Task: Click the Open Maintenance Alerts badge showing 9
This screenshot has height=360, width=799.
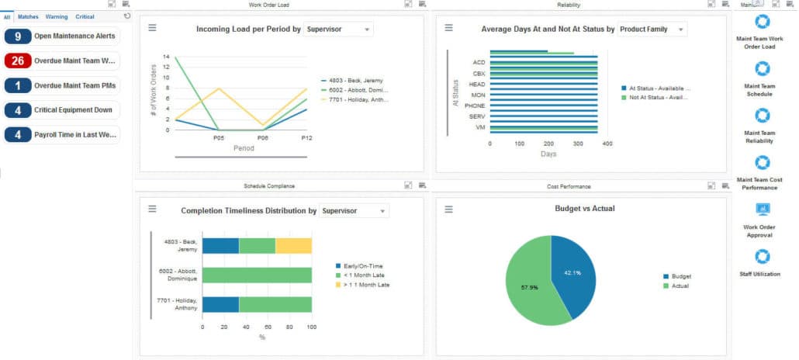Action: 18,36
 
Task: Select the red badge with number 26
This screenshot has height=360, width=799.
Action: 18,61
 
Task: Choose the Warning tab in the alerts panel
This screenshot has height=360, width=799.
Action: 56,16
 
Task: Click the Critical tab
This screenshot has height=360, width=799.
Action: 85,16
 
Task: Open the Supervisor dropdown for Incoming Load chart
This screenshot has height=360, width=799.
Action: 338,29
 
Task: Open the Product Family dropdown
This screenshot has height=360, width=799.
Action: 652,29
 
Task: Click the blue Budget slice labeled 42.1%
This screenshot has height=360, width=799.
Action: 571,272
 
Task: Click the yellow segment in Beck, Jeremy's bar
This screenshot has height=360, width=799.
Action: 293,246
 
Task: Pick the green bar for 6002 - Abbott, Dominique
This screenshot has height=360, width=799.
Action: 257,275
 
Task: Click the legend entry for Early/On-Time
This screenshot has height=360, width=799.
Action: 358,266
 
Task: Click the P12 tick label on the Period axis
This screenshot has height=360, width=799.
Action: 306,137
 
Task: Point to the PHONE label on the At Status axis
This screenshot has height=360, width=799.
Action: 475,106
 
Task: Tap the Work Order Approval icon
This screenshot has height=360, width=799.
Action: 763,209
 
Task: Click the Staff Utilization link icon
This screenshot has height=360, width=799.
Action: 763,257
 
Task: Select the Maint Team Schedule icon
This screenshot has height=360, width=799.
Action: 763,69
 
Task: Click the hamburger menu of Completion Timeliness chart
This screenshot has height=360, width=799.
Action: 153,209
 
